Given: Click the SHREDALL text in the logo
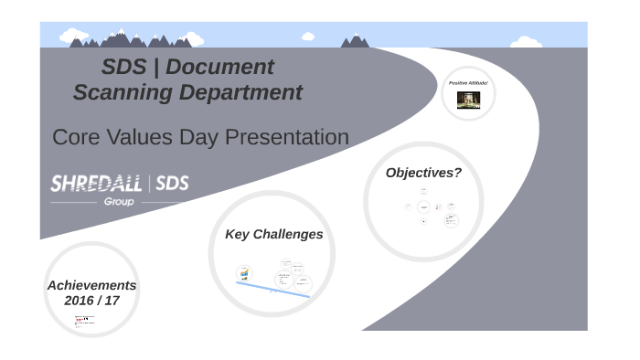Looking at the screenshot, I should tap(95, 184).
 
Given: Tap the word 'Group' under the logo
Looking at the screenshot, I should tap(119, 201).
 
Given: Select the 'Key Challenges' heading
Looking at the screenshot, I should tap(273, 235).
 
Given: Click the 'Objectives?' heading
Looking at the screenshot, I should tap(423, 173).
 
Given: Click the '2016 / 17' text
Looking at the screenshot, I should tap(91, 301).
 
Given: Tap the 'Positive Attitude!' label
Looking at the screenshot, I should tap(468, 83).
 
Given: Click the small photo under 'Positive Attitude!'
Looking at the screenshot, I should tap(468, 100).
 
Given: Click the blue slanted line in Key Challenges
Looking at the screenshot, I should tap(273, 290).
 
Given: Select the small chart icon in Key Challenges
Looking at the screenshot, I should tap(243, 272).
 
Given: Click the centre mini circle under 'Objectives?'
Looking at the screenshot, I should tap(423, 207).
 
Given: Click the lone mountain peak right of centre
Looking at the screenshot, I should tap(356, 40).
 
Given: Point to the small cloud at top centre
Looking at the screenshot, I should tap(308, 36).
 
